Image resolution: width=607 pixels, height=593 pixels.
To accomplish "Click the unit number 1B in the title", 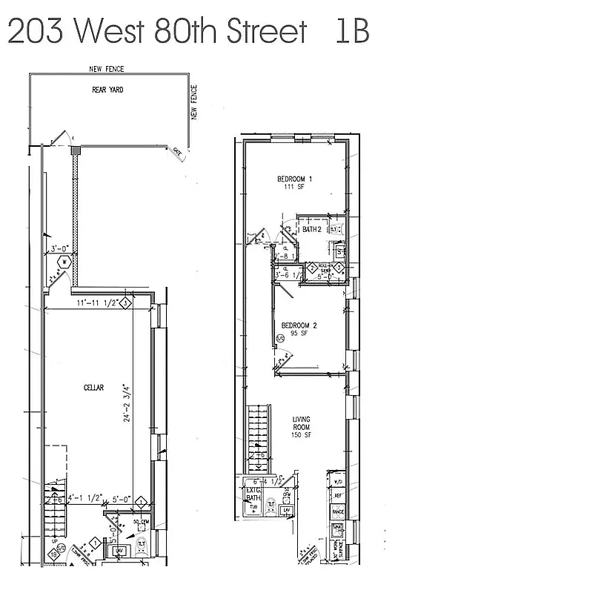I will (351, 32).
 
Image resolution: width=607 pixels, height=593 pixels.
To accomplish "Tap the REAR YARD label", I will (107, 90).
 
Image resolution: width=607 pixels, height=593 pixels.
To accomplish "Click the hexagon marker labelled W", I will (64, 262).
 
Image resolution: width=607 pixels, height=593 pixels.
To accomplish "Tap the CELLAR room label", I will (93, 388).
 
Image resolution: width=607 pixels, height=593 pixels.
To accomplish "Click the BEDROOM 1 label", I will (294, 179).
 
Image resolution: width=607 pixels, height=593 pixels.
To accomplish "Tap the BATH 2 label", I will (311, 230).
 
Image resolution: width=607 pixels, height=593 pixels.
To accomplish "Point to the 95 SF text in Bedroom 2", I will (299, 333).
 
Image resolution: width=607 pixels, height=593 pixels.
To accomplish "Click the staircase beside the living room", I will (257, 438).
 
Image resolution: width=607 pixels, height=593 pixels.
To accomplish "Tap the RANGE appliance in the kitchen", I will (337, 511).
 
